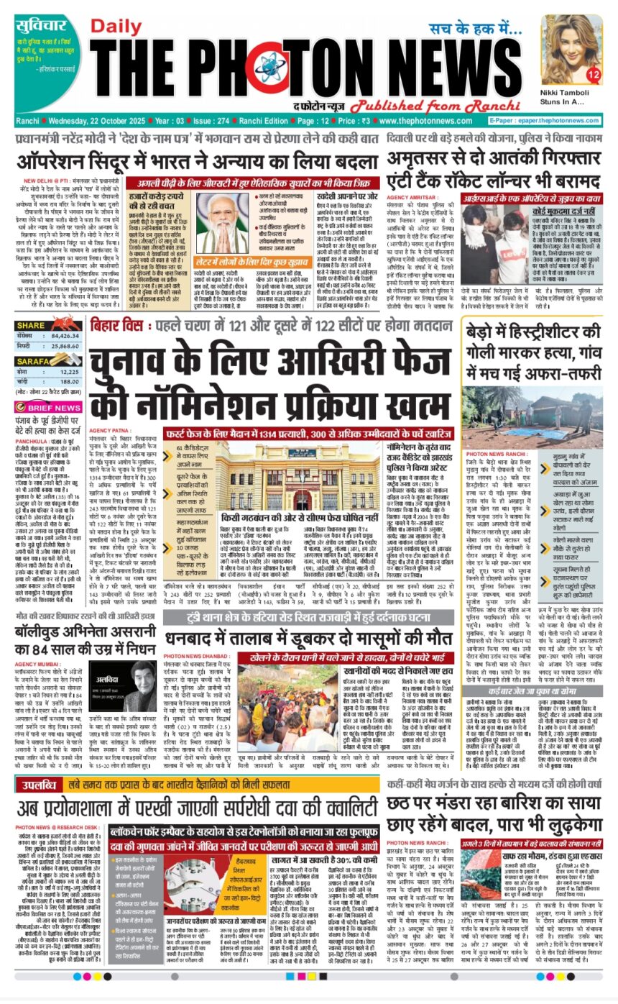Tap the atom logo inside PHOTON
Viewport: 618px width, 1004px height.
click(266, 69)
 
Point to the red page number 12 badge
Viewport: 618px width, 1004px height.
click(594, 74)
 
